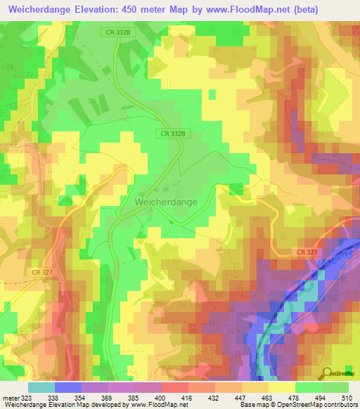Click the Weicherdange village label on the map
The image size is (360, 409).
coord(166,201)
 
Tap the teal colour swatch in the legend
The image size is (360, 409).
coord(41,387)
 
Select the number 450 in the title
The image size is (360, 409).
coord(130,9)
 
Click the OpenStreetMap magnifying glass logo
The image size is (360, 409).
coord(326,372)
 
